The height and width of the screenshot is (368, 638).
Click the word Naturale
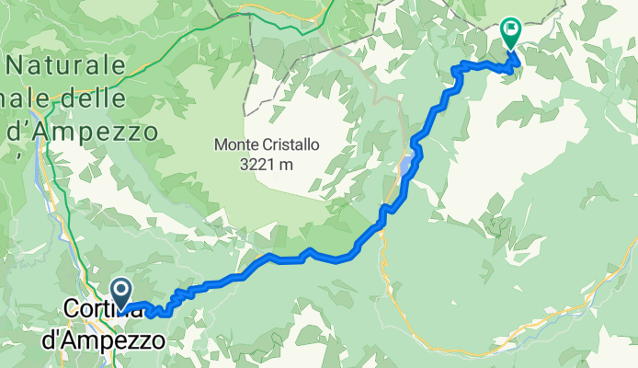tap(65, 65)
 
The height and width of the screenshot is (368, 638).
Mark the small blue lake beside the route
tap(406, 165)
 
